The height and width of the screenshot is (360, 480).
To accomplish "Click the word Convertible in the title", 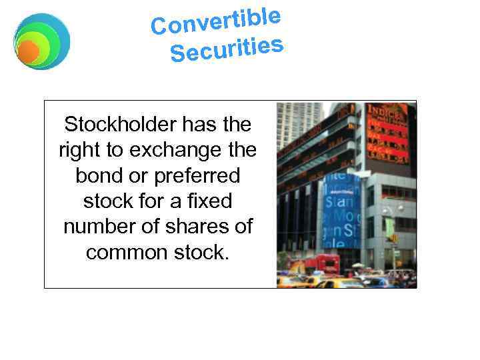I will click(x=215, y=21).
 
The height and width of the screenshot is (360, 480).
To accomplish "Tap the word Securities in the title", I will click(x=227, y=49).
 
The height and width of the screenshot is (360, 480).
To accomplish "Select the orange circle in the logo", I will click(x=28, y=51).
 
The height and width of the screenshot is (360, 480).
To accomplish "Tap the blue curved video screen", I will click(x=340, y=210).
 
